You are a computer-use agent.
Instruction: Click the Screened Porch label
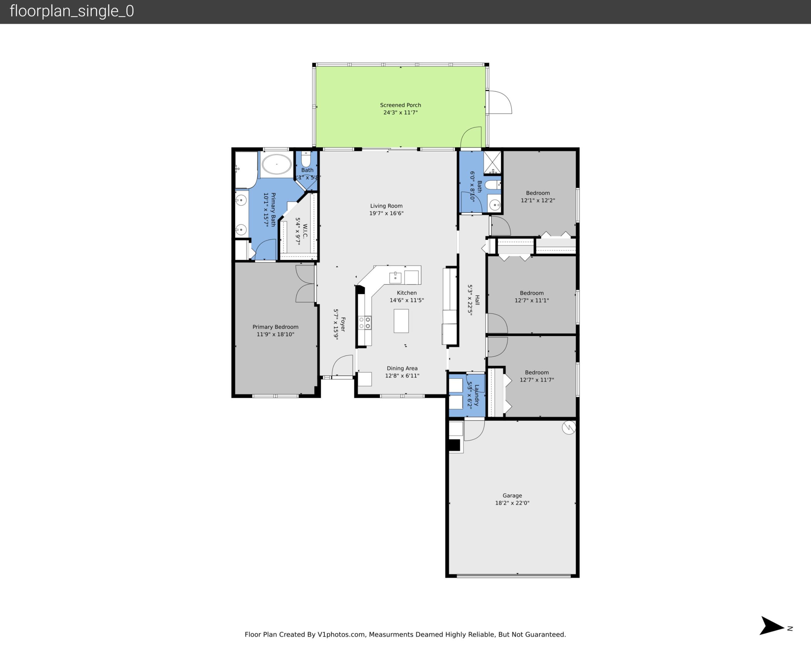tap(400, 105)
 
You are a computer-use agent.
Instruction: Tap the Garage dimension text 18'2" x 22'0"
tap(512, 503)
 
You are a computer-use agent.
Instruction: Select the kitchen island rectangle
tap(401, 321)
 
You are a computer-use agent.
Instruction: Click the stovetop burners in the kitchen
tap(365, 323)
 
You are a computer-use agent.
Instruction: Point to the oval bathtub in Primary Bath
tap(277, 164)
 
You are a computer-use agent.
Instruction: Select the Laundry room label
tap(477, 395)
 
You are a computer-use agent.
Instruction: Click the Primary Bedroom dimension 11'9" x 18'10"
tap(275, 334)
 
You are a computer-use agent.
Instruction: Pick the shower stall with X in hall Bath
tap(492, 162)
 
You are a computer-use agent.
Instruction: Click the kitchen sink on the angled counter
tap(395, 278)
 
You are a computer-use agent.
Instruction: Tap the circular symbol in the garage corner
tap(568, 428)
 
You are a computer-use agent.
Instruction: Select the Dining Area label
tap(402, 368)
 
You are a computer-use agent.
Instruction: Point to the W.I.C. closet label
tap(305, 231)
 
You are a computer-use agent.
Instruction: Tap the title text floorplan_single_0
tap(72, 11)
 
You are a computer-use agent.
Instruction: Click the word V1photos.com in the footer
tap(341, 634)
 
